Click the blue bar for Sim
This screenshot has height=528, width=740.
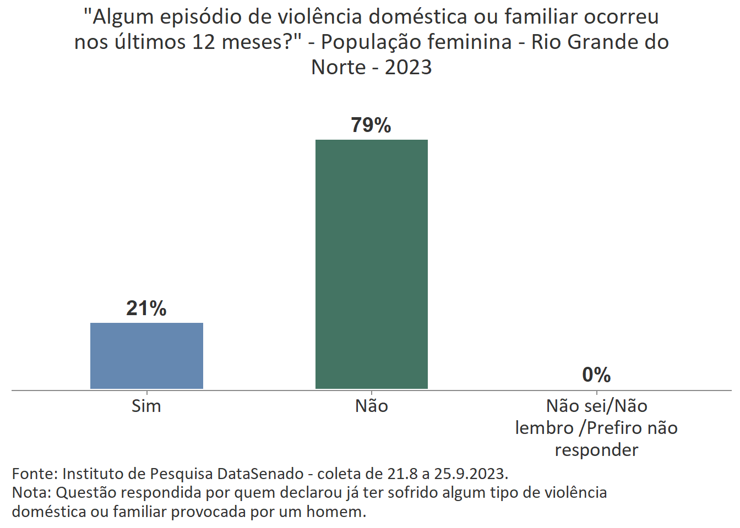[x=146, y=355]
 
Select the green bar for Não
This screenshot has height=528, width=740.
[x=371, y=264]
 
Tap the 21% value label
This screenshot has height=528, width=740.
[x=146, y=309]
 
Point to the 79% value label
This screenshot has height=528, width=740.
[x=371, y=125]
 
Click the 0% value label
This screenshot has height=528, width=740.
[x=596, y=375]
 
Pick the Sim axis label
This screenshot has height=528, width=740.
[x=146, y=406]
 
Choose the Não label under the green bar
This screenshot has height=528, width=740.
[x=371, y=406]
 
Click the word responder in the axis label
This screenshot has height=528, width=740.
[x=596, y=450]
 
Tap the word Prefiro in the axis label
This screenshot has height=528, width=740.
[x=614, y=428]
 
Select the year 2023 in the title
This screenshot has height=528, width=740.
[x=408, y=67]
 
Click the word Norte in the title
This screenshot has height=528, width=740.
[x=338, y=67]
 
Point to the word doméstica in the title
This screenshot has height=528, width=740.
[x=418, y=17]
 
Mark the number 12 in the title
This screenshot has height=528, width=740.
[x=203, y=42]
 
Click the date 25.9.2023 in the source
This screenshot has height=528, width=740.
[x=471, y=474]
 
